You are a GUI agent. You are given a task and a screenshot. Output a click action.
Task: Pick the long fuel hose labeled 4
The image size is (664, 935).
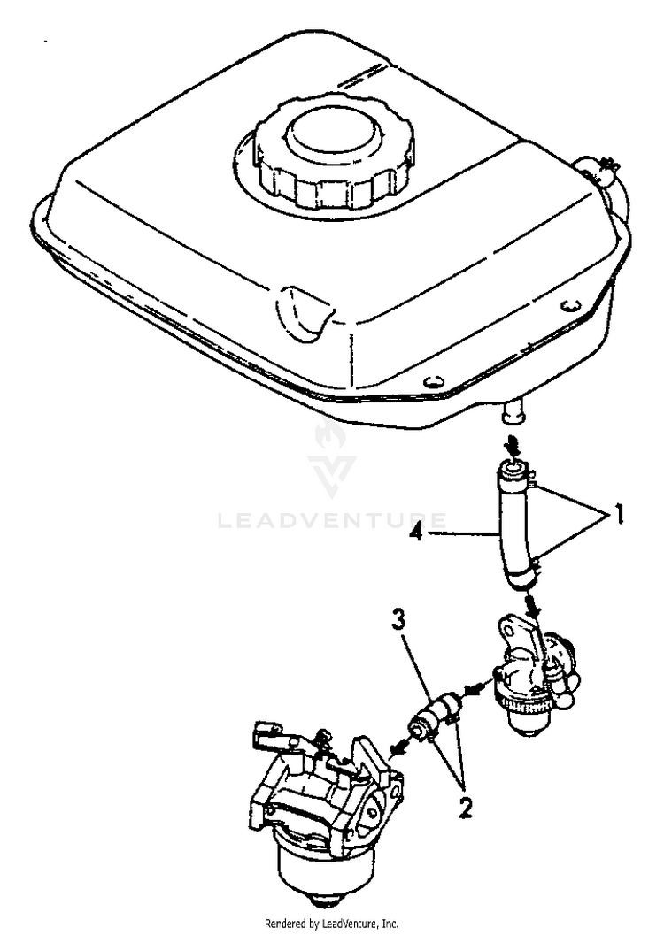point(512,531)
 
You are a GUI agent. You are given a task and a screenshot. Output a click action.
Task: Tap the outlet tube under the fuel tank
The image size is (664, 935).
point(511,410)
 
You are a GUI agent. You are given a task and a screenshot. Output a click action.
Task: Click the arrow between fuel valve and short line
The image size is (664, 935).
point(475,686)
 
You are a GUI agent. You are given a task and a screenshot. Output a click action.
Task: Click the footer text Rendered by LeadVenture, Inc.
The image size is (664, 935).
point(332,923)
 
